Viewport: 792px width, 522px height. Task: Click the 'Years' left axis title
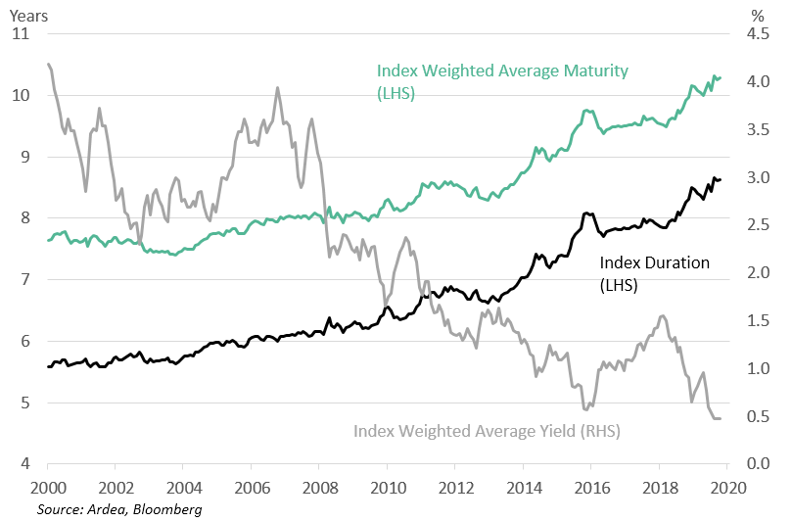(29, 15)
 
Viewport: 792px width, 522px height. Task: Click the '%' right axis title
(756, 15)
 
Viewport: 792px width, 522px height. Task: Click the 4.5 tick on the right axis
(759, 34)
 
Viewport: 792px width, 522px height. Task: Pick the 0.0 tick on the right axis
(759, 464)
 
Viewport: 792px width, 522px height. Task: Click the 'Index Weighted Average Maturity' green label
(502, 71)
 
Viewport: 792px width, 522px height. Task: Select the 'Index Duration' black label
(654, 262)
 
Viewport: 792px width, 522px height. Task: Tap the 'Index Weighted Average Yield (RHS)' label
(487, 430)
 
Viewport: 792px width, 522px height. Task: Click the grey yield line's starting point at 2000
(49, 65)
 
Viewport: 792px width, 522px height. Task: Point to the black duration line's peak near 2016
(585, 213)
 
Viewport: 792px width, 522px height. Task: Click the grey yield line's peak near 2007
(277, 88)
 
